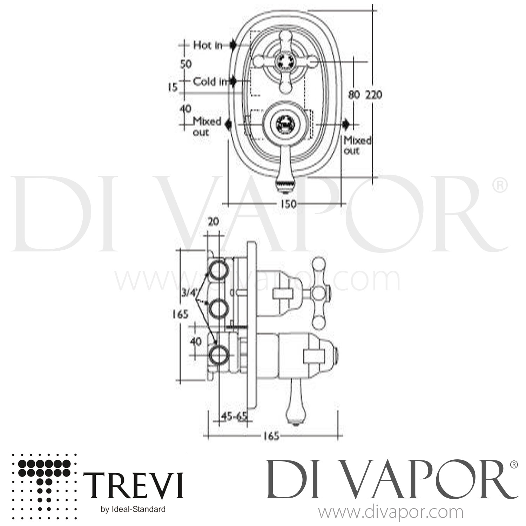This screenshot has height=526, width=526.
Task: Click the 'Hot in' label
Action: click(208, 45)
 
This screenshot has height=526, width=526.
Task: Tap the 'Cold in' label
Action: click(210, 82)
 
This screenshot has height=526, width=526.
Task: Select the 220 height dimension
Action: click(374, 94)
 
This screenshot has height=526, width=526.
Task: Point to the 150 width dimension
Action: click(288, 204)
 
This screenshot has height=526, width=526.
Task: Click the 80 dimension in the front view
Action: click(355, 94)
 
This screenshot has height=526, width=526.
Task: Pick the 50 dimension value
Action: click(186, 64)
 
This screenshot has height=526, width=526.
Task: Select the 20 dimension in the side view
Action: click(213, 222)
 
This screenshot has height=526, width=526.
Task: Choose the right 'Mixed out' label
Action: click(357, 145)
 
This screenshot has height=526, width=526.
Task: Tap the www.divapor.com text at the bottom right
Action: click(390, 512)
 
